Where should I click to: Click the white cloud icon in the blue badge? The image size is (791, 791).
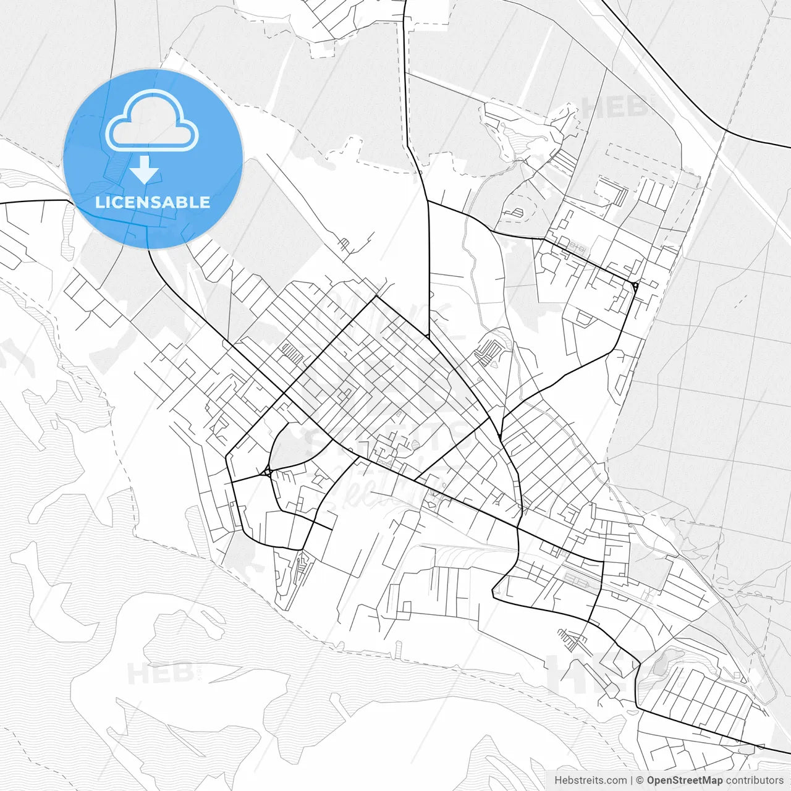click(152, 121)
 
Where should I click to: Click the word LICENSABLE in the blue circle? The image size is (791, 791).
click(153, 202)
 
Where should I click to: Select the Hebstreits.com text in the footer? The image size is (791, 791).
click(590, 780)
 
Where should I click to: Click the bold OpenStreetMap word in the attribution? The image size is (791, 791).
click(684, 780)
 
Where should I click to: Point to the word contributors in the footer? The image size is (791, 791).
click(755, 780)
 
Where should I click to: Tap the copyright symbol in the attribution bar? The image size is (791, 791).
click(640, 780)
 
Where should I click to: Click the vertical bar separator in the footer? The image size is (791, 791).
click(632, 780)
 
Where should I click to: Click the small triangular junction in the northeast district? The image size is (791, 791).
click(635, 285)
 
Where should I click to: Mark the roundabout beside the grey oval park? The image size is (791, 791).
click(268, 472)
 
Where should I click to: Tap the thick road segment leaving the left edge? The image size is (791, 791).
click(31, 201)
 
